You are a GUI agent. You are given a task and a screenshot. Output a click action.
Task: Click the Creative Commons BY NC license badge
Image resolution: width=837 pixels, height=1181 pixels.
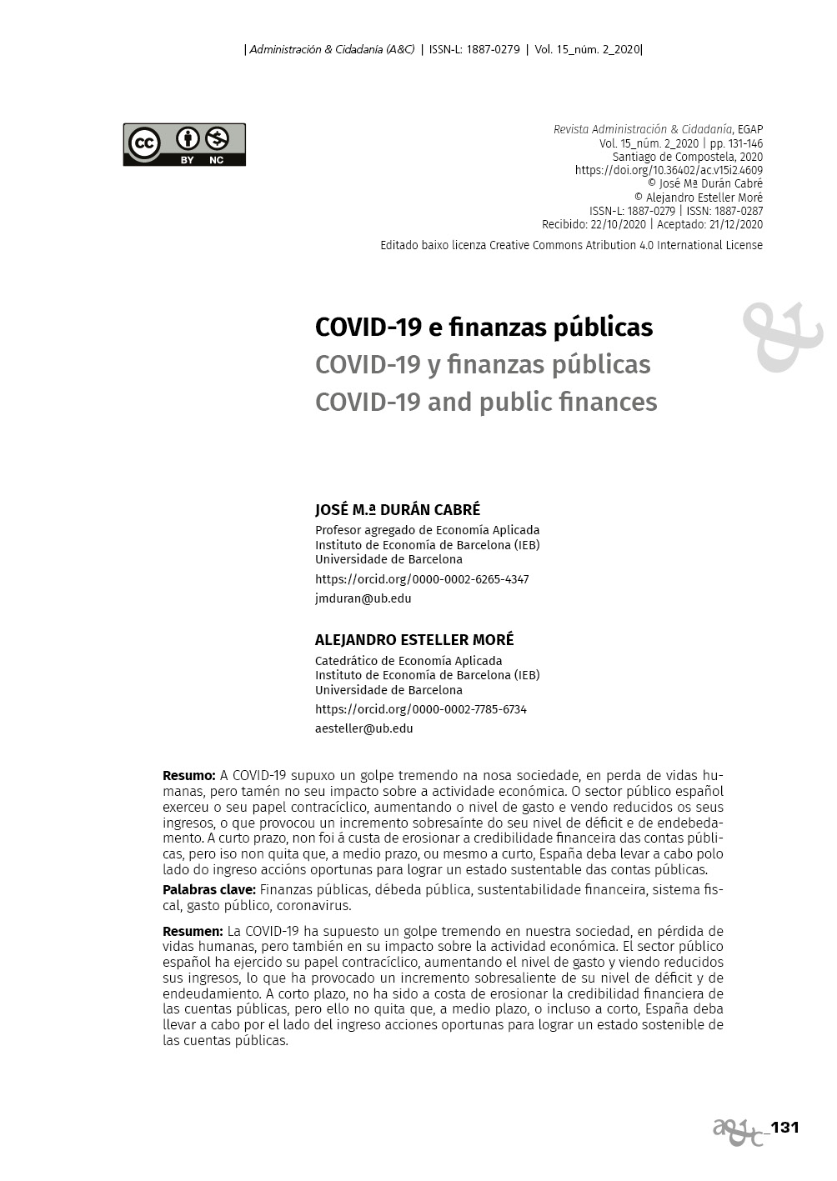point(184,144)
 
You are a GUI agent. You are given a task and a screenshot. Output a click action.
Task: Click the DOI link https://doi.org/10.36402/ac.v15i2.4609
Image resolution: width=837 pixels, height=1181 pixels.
point(669,170)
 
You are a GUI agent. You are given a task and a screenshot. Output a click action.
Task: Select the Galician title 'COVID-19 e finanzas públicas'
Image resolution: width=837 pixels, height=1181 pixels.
point(484,327)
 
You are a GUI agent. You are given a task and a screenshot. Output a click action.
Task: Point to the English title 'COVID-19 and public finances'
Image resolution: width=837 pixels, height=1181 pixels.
point(486,402)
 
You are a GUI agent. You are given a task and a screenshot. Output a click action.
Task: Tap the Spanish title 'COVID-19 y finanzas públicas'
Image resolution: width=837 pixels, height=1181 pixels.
point(483,364)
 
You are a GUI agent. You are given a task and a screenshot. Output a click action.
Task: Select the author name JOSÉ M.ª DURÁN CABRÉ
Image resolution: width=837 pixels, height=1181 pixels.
point(398,510)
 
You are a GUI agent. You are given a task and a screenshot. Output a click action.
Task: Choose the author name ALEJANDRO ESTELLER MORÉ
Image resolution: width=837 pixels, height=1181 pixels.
point(414,640)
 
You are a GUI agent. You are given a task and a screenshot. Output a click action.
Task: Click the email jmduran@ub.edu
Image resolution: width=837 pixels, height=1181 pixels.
point(363,598)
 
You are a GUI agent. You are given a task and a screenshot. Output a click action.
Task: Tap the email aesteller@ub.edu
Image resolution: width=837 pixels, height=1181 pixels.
point(363,728)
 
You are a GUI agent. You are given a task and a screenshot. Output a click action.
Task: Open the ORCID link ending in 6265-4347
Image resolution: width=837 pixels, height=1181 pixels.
point(422,579)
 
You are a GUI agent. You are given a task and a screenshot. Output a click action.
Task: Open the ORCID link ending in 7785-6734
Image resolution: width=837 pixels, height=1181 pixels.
point(421,709)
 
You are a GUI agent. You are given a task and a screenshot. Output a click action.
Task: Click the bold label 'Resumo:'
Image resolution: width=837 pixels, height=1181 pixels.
point(188,776)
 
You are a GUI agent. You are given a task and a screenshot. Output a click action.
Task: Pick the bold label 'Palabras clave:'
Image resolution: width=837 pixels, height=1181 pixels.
point(208,890)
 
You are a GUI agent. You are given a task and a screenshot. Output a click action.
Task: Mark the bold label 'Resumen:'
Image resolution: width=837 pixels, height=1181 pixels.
point(193,931)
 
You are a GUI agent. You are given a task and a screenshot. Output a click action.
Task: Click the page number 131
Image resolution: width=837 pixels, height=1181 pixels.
point(784,1128)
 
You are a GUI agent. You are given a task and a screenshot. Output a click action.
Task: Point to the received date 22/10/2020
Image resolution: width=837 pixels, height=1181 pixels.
point(618,224)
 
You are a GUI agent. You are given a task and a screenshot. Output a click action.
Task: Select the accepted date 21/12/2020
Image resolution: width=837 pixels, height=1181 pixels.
point(733,224)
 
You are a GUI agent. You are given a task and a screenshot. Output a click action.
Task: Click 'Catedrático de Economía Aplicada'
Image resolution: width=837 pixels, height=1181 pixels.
point(408,661)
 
